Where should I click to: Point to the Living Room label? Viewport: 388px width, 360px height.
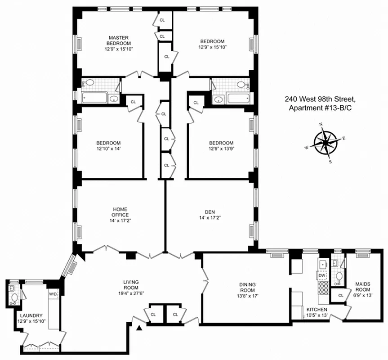tap(131, 285)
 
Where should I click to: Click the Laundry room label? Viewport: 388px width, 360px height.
tap(30, 315)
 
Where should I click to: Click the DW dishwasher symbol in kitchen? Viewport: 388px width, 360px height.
tap(322, 275)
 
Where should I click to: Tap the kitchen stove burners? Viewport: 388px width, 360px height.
tap(322, 288)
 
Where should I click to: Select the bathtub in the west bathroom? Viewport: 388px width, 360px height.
tap(94, 98)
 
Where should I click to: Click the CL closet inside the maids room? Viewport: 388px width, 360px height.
tap(341, 295)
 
